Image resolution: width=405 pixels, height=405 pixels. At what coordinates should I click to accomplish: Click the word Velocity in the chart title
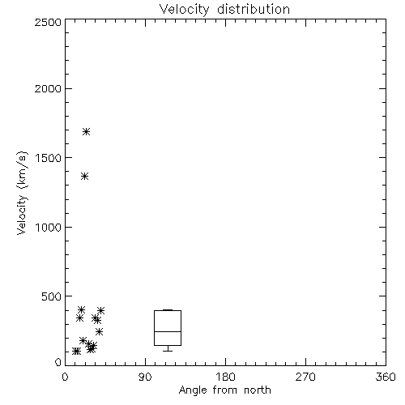(184, 10)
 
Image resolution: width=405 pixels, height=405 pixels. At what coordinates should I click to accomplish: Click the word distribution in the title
(254, 9)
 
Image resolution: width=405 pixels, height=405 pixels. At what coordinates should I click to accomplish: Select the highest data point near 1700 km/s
(86, 132)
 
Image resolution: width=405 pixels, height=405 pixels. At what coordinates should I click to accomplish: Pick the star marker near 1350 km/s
(85, 177)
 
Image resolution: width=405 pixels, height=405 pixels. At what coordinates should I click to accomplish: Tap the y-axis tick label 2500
(48, 22)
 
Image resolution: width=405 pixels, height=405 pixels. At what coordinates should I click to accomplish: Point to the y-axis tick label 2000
(48, 88)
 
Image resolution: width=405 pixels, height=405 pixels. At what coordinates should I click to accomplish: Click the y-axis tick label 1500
(49, 158)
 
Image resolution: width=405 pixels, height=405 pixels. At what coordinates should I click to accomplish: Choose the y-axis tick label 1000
(49, 227)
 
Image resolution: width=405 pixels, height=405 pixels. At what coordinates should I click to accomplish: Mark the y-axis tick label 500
(52, 296)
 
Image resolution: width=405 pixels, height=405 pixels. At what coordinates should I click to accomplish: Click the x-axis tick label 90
(145, 377)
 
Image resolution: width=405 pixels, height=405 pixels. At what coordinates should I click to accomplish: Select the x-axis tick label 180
(225, 377)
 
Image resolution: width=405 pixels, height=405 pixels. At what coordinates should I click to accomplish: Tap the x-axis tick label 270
(305, 377)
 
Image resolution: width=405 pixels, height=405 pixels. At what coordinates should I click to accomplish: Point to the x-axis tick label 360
(386, 377)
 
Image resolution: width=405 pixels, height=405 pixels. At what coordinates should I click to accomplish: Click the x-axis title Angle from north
(225, 390)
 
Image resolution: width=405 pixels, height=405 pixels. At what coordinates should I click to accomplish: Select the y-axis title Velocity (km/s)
(22, 193)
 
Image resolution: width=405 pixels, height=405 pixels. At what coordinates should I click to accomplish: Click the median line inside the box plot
(168, 331)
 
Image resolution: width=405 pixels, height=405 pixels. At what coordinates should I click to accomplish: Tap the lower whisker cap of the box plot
(168, 351)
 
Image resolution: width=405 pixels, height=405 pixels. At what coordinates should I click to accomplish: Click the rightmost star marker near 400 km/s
(100, 310)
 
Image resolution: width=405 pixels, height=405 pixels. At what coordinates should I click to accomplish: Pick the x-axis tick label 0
(65, 377)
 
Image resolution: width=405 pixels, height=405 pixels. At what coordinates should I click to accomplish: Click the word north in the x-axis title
(258, 390)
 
